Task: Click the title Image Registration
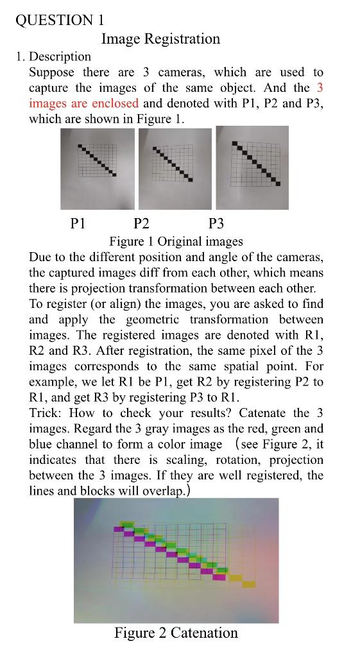[x=160, y=39]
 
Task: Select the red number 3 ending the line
[x=320, y=88]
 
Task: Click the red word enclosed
[x=116, y=103]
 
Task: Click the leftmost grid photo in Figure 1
[x=98, y=168]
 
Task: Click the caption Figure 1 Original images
[x=176, y=242]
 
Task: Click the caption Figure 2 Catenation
[x=176, y=633]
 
